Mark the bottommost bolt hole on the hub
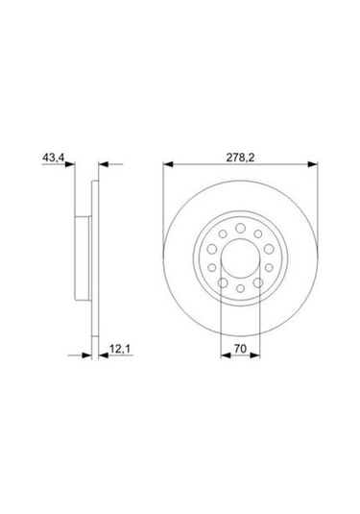(239, 289)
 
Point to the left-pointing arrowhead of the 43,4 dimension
(105, 166)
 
